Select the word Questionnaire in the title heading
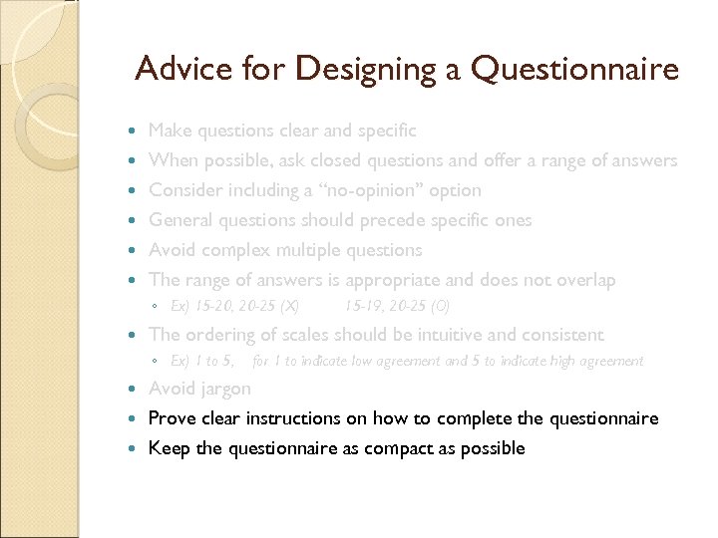(x=575, y=69)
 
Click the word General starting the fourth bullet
(x=180, y=220)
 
